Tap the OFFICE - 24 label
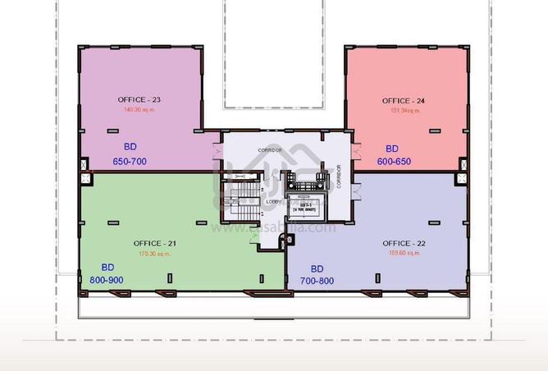[x=404, y=101]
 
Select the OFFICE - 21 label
[x=154, y=243]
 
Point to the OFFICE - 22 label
[x=404, y=243]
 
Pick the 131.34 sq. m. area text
[x=403, y=110]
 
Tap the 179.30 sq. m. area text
[x=154, y=253]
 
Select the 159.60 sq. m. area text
[x=404, y=253]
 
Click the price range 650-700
[x=130, y=162]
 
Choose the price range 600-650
[x=394, y=162]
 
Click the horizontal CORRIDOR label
[x=270, y=151]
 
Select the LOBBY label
[x=274, y=202]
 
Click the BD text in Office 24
[x=392, y=149]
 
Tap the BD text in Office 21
[x=107, y=268]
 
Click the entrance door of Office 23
[x=217, y=153]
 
